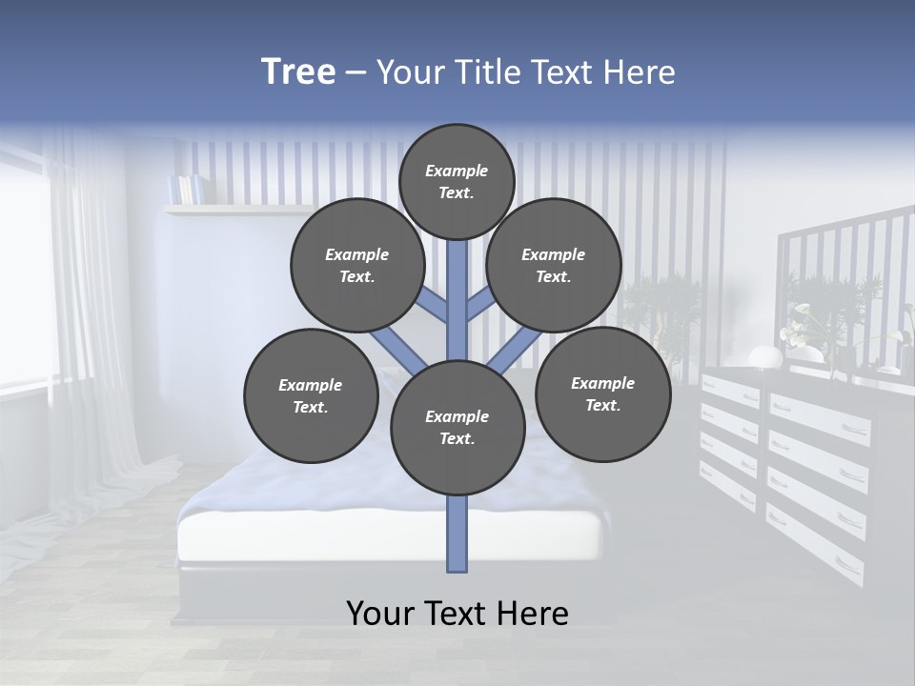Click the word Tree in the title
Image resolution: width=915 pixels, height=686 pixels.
tap(298, 71)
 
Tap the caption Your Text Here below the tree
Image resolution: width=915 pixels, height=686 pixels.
tap(457, 614)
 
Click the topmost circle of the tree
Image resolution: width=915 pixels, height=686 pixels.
tap(457, 181)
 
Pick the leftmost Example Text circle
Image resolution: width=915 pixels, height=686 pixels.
tap(311, 395)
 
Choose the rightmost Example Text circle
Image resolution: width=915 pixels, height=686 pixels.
tap(602, 393)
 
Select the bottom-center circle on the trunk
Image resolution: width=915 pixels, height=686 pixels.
tap(457, 427)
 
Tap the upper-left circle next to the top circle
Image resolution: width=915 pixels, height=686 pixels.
tap(357, 265)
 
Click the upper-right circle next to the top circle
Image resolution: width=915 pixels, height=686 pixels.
tap(554, 265)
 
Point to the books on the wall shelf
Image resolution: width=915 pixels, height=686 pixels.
tap(186, 188)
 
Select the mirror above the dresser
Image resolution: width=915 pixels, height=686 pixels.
tap(839, 286)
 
